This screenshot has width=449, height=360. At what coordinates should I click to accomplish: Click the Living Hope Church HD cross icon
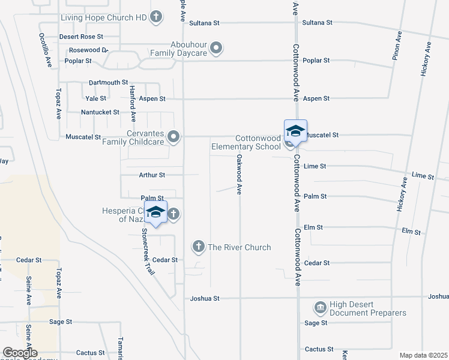[156, 17]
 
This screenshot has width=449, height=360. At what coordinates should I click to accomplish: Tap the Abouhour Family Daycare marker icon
[217, 47]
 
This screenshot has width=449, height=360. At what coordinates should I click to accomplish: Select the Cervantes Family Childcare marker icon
[174, 137]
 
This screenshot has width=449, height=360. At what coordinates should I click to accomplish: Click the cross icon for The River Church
[199, 247]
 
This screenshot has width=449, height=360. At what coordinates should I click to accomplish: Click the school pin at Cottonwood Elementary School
[295, 131]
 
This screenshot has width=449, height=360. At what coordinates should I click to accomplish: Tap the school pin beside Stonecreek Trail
[155, 212]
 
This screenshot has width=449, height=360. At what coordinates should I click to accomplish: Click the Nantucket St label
[100, 112]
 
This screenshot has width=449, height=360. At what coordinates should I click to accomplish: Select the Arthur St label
[152, 175]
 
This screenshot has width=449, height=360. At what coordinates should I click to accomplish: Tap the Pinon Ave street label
[397, 44]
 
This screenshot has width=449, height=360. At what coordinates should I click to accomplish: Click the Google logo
[20, 353]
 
